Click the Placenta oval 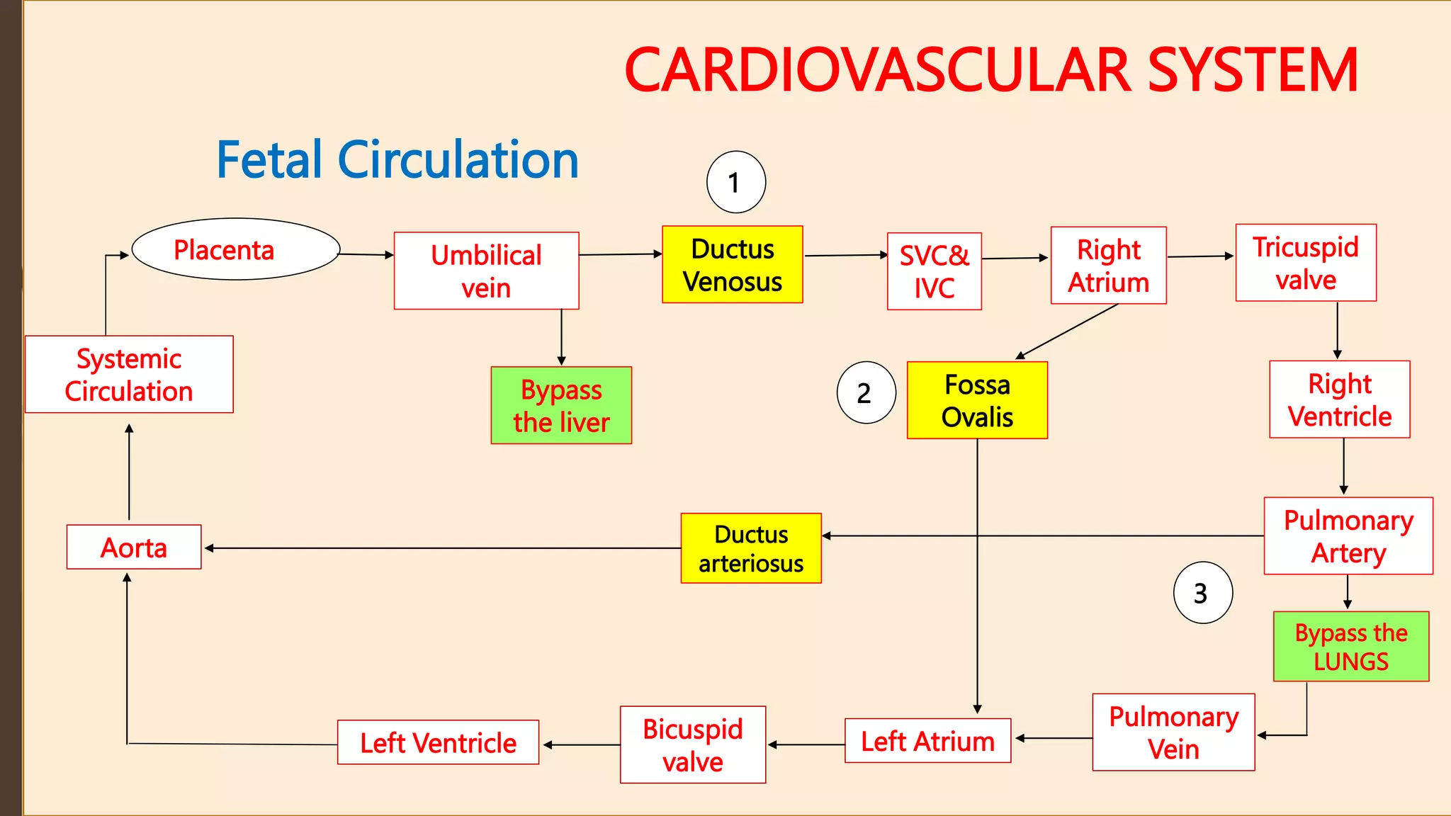click(236, 249)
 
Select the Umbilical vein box click(486, 271)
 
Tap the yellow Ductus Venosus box click(732, 265)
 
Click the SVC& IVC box click(934, 271)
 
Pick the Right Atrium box click(1108, 266)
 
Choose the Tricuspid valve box click(1305, 263)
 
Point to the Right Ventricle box click(1339, 399)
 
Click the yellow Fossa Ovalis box click(976, 400)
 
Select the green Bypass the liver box click(560, 405)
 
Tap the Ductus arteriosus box click(750, 548)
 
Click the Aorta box click(134, 547)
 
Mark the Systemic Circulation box click(129, 374)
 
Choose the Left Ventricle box click(438, 742)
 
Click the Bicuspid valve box click(692, 744)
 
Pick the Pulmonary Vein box click(1173, 732)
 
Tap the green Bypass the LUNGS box click(1350, 647)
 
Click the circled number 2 click(865, 393)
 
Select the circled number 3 click(1202, 593)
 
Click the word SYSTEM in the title click(1252, 70)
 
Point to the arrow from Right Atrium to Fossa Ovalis click(1068, 331)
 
